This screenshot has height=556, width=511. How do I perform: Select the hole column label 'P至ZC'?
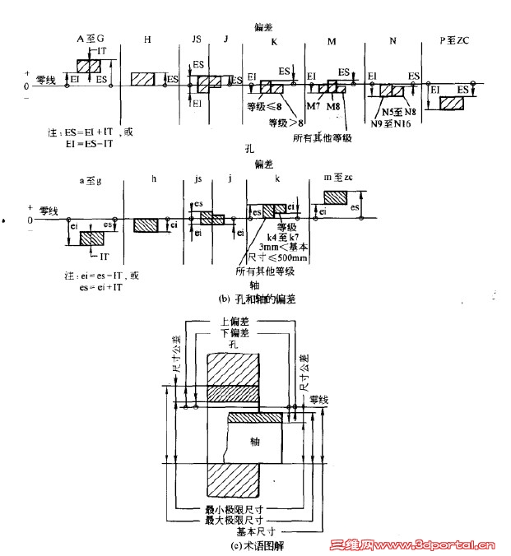pyautogui.click(x=455, y=39)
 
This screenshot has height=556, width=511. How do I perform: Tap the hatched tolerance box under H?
pyautogui.click(x=144, y=78)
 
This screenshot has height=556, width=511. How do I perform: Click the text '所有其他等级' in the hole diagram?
pyautogui.click(x=322, y=137)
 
